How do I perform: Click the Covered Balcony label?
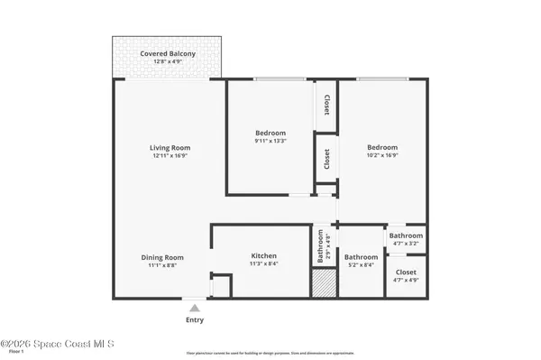[x=168, y=54]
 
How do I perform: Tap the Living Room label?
[x=170, y=148]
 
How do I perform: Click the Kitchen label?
[x=263, y=256]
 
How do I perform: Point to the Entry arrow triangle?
[x=194, y=309]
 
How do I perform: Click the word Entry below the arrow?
[x=194, y=320]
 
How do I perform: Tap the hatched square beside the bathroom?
[x=323, y=284]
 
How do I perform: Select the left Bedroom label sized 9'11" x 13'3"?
[x=270, y=133]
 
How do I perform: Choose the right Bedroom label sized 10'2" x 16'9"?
[x=381, y=147]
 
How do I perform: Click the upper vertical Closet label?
[x=326, y=106]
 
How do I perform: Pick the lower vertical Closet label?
[x=326, y=160]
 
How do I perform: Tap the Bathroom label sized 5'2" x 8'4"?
[x=361, y=257]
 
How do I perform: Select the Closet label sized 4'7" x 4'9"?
[x=405, y=272]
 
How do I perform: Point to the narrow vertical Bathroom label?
[x=318, y=246]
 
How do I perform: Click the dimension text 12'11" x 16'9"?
[x=170, y=156]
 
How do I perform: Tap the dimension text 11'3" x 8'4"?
[x=263, y=264]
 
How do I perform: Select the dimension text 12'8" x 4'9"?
[x=168, y=62]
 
